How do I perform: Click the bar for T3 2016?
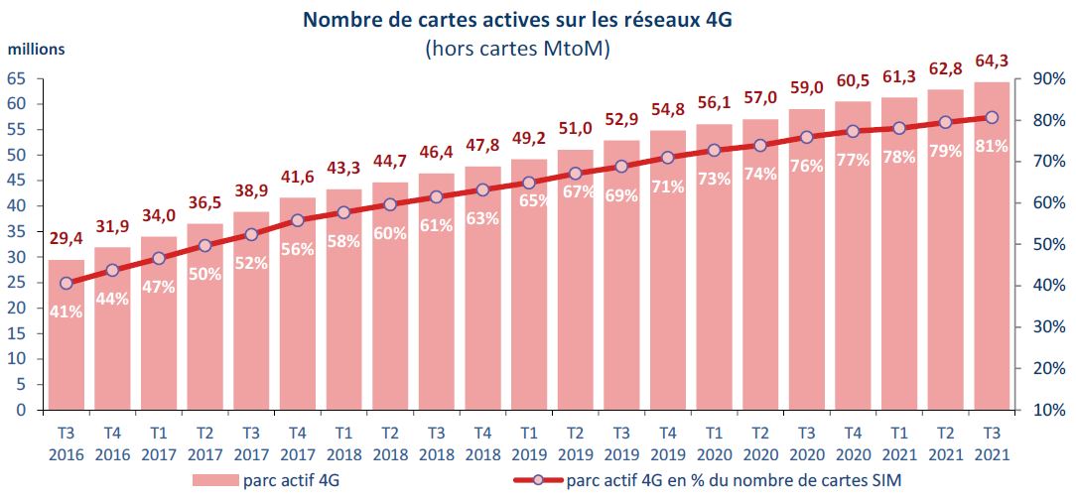point(66,357)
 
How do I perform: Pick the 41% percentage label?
point(66,312)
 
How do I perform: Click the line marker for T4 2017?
point(297,221)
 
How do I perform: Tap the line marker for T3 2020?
point(806,138)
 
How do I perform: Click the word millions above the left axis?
point(38,49)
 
